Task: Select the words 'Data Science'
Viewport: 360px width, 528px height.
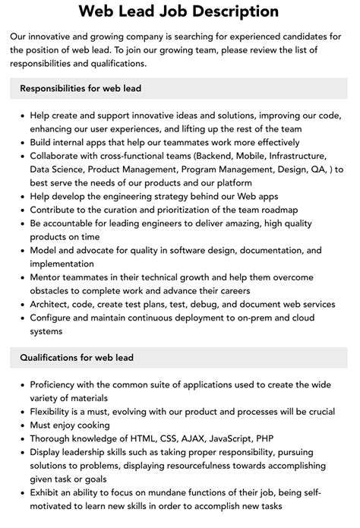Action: (x=60, y=168)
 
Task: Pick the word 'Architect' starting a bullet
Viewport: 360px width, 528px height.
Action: (x=52, y=304)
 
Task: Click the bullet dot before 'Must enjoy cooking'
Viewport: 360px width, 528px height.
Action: (x=21, y=425)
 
